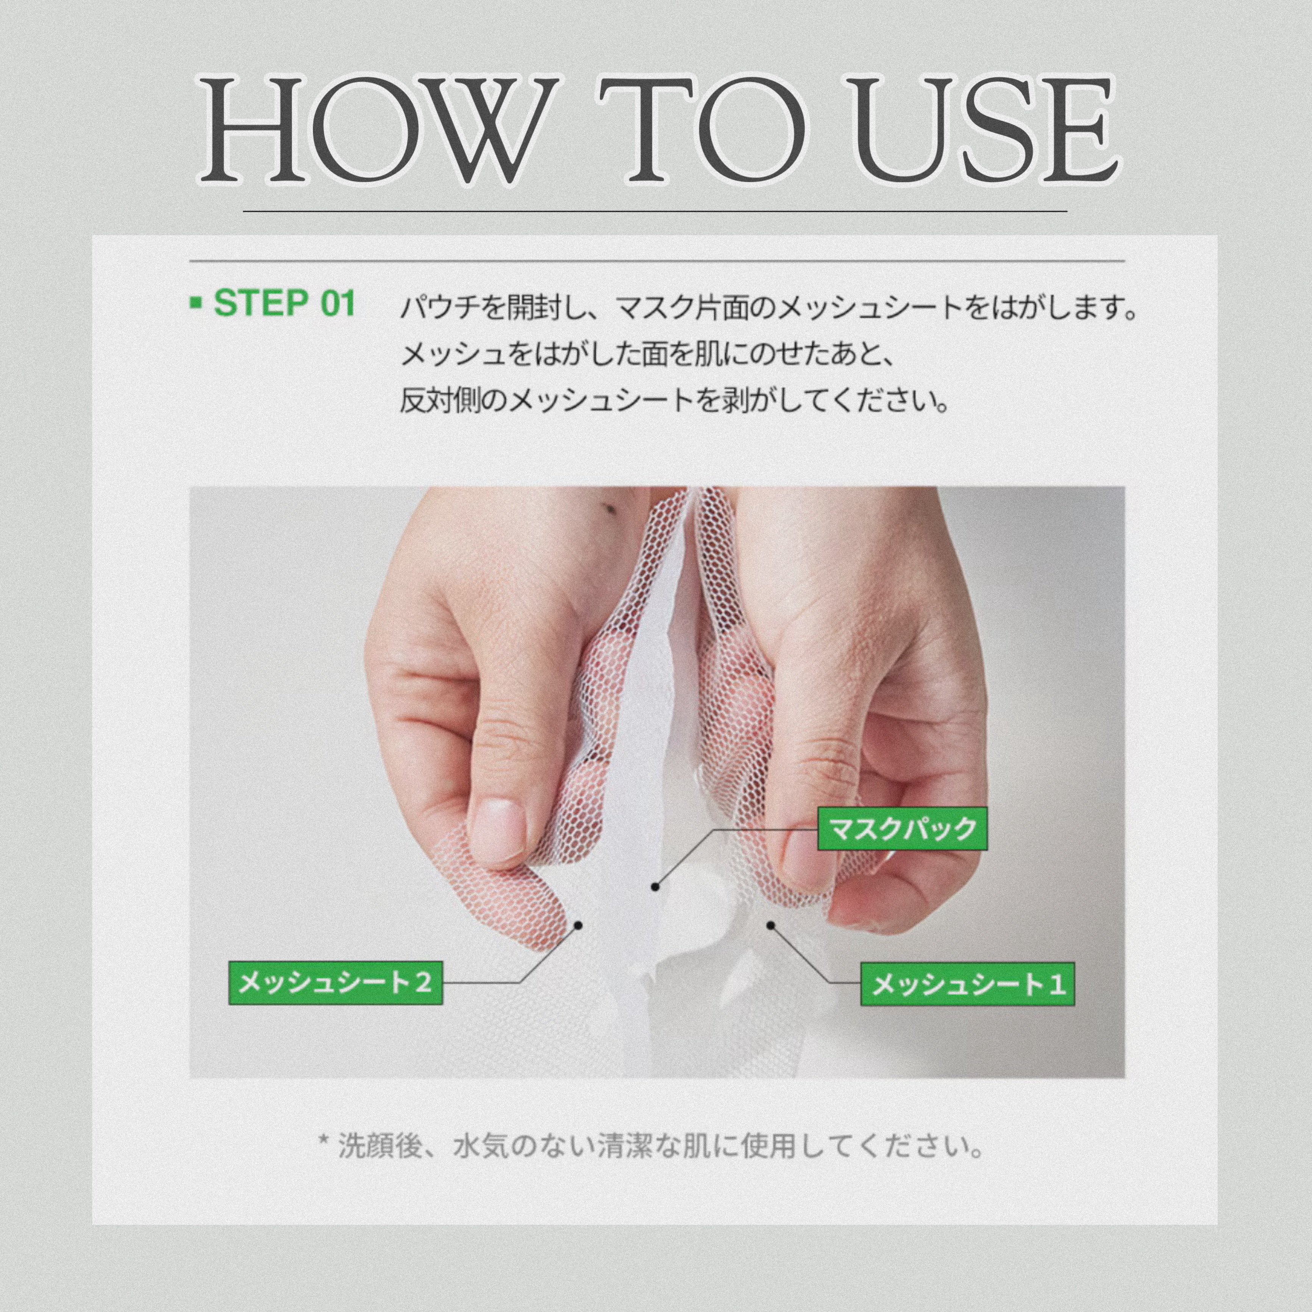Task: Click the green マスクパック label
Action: (x=903, y=828)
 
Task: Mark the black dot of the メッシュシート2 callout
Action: (x=579, y=925)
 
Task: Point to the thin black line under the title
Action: (x=654, y=211)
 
